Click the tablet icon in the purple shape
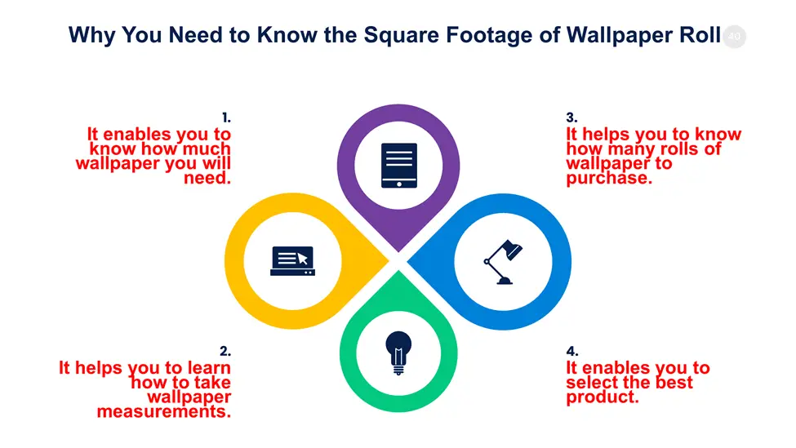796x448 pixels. [x=399, y=166]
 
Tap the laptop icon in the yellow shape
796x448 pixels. [x=292, y=261]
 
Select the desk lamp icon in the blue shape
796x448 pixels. [x=503, y=262]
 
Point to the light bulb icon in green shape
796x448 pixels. [x=398, y=353]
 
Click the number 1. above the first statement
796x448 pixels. [x=226, y=118]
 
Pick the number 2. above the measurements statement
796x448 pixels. [x=225, y=351]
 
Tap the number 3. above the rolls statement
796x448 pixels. [x=571, y=118]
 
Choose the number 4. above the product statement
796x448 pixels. [x=572, y=351]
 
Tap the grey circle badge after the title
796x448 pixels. [x=734, y=37]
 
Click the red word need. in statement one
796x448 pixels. [x=207, y=178]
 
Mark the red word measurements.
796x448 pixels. [x=164, y=411]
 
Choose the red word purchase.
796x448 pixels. [x=609, y=179]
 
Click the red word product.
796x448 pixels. [x=603, y=397]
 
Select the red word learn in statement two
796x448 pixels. [x=209, y=367]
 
